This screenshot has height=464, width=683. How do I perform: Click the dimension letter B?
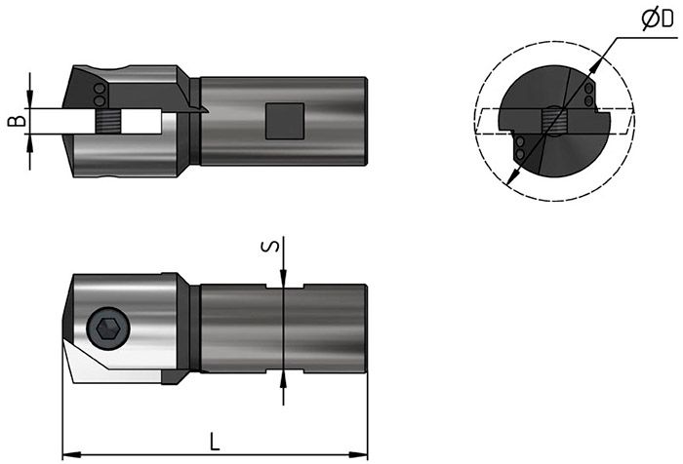click(17, 121)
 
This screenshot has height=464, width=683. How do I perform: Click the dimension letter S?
click(270, 247)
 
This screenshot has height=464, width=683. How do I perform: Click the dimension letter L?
click(215, 442)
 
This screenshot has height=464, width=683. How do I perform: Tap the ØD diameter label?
click(659, 19)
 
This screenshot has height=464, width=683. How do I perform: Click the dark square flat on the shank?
click(285, 121)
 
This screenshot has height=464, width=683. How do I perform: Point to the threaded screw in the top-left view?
click(107, 121)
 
